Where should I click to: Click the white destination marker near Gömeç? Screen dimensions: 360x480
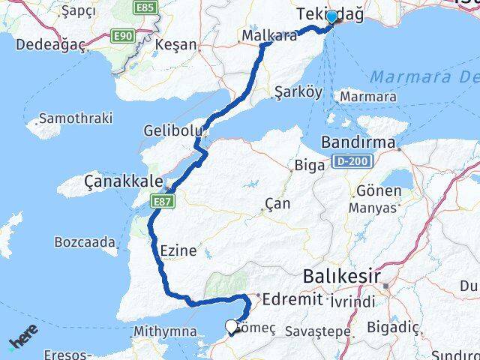point(231,326)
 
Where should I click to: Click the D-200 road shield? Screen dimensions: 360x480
point(349,160)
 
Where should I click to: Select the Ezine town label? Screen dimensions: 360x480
point(178,250)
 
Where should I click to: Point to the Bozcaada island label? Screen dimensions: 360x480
point(85,241)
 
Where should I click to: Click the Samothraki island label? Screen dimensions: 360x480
point(75,118)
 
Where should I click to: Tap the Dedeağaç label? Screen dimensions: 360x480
point(49,44)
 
